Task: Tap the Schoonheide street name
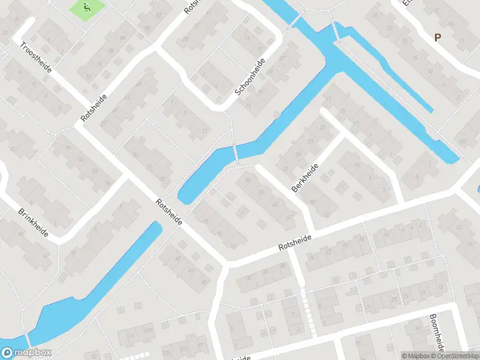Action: click(250, 77)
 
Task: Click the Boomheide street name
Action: click(437, 333)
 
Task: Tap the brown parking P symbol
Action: click(437, 37)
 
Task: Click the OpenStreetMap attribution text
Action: click(455, 356)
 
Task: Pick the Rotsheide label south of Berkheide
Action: click(295, 243)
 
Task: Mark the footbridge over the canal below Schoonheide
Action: click(236, 153)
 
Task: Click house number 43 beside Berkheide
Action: click(275, 205)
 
